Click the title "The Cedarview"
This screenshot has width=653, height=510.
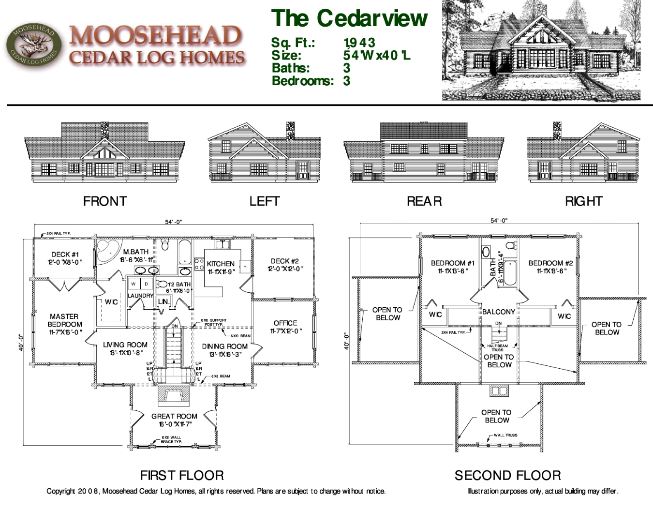(349, 18)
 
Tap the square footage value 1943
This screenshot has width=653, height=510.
(359, 43)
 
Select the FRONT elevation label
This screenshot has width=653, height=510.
(105, 201)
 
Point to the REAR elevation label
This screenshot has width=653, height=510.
(424, 201)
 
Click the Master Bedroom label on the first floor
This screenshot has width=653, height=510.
(64, 324)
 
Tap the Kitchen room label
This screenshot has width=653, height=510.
(221, 268)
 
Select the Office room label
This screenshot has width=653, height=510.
(285, 327)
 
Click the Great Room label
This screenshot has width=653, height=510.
(174, 420)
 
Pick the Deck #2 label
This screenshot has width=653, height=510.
(285, 265)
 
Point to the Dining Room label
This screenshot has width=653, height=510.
(225, 350)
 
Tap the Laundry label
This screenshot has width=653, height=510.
(140, 296)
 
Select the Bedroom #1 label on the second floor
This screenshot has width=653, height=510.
(453, 267)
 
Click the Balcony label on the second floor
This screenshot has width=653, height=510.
(498, 312)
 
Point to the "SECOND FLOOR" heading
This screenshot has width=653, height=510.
(508, 475)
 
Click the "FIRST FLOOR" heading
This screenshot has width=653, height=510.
(182, 475)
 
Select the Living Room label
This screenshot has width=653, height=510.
(125, 349)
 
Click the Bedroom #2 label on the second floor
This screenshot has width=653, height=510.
(550, 267)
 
